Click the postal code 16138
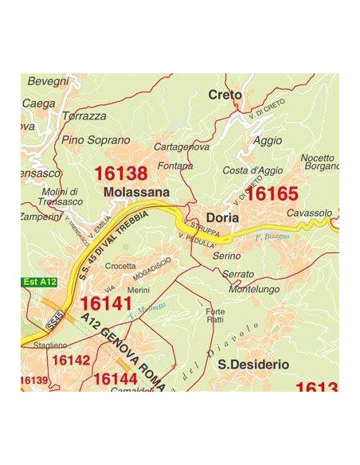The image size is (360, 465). tap(121, 174)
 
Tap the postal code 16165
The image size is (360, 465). tap(272, 193)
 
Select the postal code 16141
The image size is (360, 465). tap(106, 304)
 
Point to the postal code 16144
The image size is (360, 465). tap(115, 379)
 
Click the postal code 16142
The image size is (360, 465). tap(71, 361)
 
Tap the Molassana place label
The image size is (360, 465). tap(136, 192)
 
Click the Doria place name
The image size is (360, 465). tap(222, 217)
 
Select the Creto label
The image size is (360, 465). tap(225, 95)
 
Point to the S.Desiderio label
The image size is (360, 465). tap(253, 364)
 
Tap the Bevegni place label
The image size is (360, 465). tap(49, 81)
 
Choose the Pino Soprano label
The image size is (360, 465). tap(96, 140)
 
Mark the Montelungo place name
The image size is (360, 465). tap(252, 290)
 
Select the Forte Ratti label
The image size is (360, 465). tap(215, 315)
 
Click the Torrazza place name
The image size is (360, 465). tap(84, 116)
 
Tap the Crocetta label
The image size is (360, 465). tap(120, 266)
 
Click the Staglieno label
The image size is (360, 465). tap(49, 346)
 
